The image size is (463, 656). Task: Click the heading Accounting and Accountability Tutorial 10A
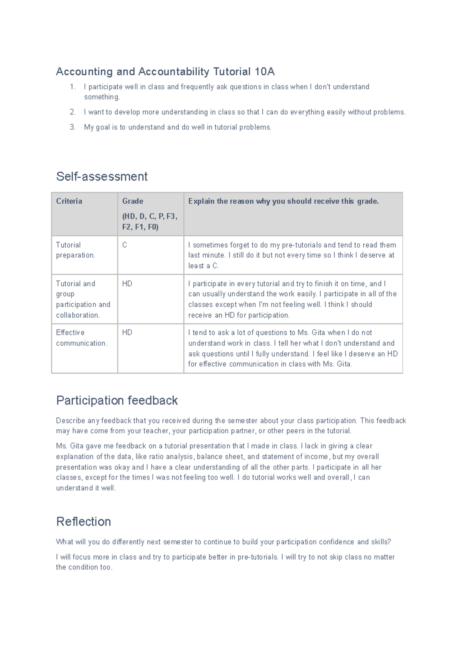pos(165,72)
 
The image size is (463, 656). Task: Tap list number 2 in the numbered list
pos(73,112)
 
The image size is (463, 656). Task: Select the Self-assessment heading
pos(102,177)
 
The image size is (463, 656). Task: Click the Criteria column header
pos(69,201)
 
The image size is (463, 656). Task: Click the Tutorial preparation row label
pos(75,250)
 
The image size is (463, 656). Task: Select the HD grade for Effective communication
pos(127,333)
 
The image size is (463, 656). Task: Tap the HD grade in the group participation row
pos(127,284)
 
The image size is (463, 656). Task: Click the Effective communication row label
pos(81,338)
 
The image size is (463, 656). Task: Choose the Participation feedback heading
pos(117,400)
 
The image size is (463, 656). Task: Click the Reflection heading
pos(84,522)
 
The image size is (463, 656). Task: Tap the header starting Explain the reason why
pos(283,201)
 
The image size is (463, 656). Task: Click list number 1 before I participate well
pos(73,87)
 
